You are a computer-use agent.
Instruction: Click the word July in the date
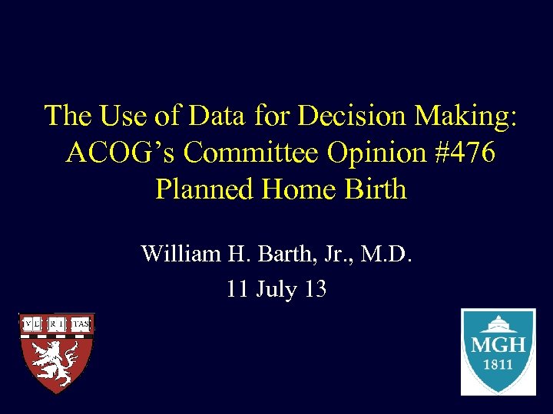tap(275, 289)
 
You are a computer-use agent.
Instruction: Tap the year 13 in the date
tap(316, 289)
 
